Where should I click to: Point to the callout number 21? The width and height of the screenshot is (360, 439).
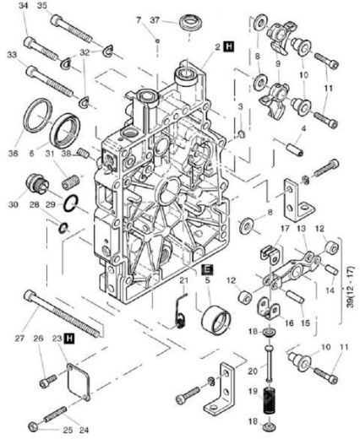[x=183, y=279]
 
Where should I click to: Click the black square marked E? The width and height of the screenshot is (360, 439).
[x=207, y=268]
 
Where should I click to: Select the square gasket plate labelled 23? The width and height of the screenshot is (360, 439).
[x=70, y=375]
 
